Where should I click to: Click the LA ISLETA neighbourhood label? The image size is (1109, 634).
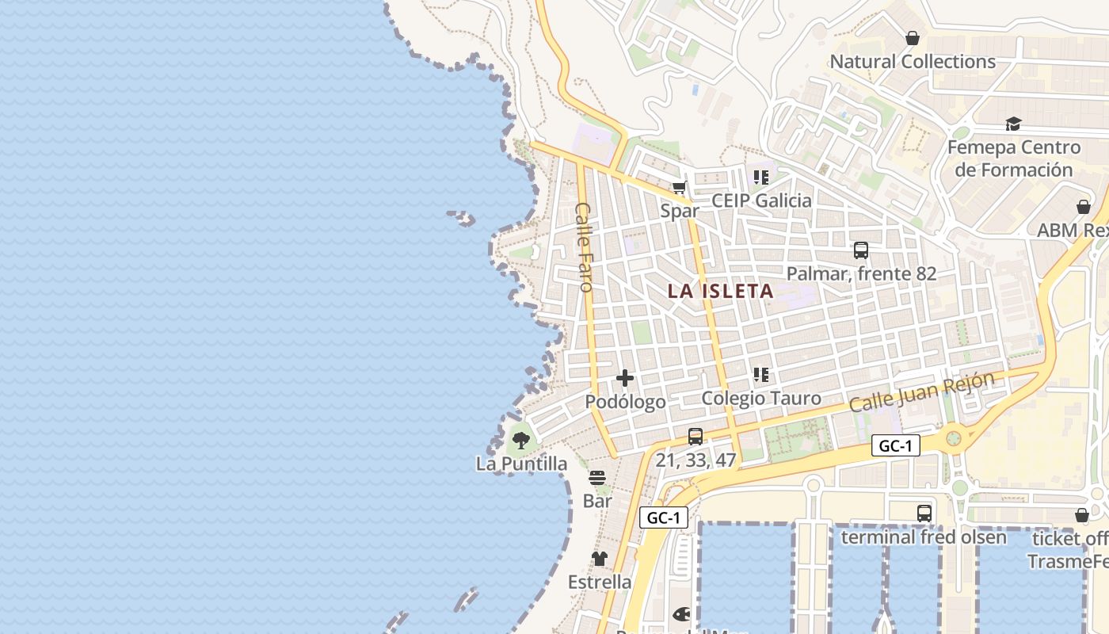pos(720,291)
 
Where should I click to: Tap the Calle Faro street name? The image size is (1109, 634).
pos(585,246)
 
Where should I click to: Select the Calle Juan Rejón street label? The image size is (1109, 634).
pos(920,391)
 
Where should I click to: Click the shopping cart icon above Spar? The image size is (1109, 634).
pos(679,188)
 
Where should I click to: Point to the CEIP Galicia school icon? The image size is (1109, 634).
pos(761,178)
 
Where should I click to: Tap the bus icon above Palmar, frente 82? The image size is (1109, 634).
pos(861,250)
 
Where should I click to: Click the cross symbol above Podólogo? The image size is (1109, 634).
pos(625,378)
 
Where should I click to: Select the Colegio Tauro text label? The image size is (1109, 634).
pos(761,398)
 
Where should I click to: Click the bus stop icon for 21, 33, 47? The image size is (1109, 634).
pos(696,436)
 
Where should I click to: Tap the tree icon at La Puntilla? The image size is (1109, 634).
pos(520,440)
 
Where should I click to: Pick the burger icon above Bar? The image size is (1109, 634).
pos(597,478)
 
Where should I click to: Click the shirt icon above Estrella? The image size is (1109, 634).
pos(600,559)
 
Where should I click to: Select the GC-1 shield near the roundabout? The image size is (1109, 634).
pos(896,445)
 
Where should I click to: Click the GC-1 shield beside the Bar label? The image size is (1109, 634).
pos(664,518)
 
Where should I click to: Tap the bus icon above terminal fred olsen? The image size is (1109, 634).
pos(924,513)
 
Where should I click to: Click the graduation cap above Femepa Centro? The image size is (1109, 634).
pos(1013,124)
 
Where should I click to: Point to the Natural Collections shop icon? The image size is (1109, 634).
pos(913,38)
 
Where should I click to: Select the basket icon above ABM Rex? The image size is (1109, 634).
pos(1084,207)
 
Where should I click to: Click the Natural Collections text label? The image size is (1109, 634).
pos(913,62)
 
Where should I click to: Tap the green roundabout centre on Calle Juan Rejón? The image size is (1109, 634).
pos(954,437)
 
